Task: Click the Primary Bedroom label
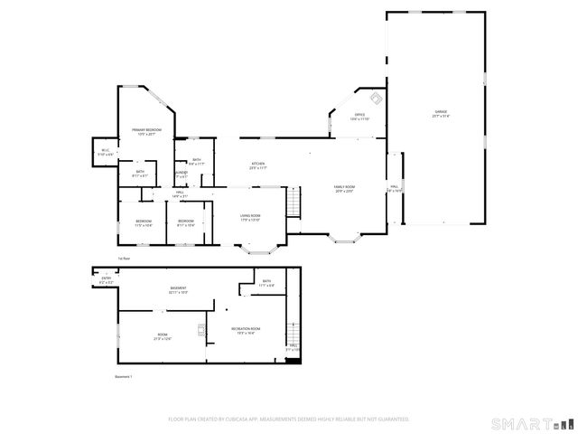click(146, 131)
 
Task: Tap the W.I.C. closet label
click(105, 152)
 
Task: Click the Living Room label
click(250, 216)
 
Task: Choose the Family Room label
click(345, 187)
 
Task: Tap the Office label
click(359, 116)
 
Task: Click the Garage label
click(440, 113)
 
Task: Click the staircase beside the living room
click(293, 202)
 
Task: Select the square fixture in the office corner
click(377, 99)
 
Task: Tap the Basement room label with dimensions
click(178, 289)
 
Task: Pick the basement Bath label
click(266, 282)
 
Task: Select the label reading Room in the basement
click(163, 336)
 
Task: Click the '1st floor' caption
click(124, 259)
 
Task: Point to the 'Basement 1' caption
click(124, 376)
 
